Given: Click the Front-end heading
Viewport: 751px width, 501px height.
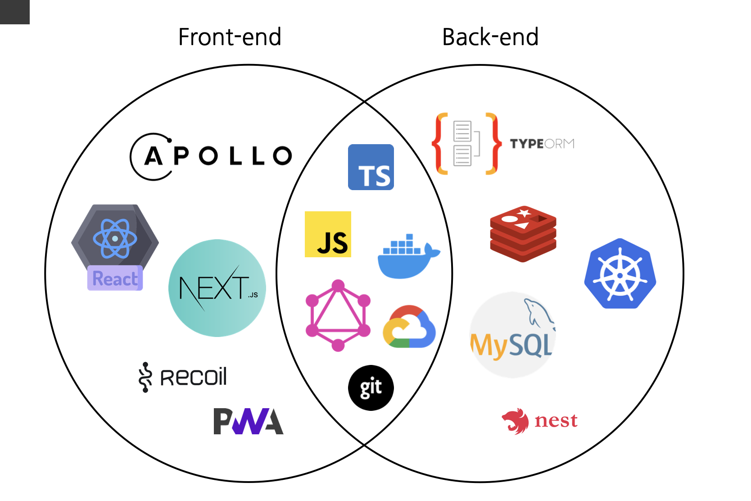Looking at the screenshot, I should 230,37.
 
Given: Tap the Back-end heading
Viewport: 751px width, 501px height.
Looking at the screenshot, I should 490,37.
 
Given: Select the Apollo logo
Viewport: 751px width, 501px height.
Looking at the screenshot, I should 211,156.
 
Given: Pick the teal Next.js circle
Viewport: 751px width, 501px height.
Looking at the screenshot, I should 217,288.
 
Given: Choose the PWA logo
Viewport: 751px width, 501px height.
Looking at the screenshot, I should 248,421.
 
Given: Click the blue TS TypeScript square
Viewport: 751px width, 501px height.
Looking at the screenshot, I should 371,167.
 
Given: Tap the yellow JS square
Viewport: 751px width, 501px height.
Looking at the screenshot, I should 328,234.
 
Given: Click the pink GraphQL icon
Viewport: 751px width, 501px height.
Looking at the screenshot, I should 338,315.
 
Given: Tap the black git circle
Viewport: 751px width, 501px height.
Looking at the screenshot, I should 371,388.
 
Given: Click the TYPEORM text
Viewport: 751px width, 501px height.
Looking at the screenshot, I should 542,144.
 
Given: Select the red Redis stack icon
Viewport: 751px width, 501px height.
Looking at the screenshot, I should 523,234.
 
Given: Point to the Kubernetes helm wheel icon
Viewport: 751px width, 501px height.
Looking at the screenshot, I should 620,274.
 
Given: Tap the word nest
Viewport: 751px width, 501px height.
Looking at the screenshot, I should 556,421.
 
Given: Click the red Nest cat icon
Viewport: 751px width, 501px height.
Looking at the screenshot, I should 516,421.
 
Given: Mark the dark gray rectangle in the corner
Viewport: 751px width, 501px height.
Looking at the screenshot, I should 14,12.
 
